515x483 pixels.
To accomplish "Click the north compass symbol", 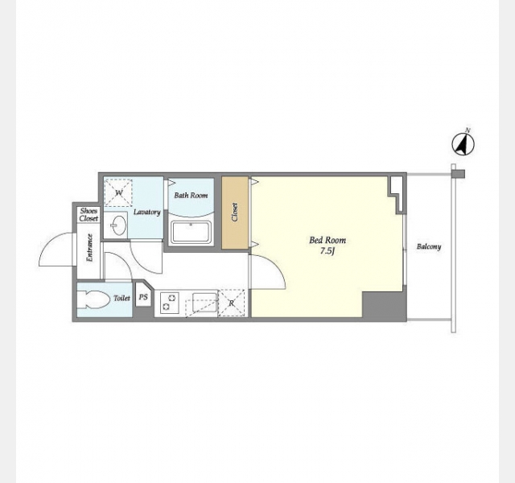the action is click(463, 144).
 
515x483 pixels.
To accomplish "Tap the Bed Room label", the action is click(328, 240).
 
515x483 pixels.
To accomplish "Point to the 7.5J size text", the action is click(328, 251).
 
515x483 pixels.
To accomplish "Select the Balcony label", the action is click(429, 246).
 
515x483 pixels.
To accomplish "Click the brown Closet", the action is click(235, 213).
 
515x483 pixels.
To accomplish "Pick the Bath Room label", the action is click(191, 196).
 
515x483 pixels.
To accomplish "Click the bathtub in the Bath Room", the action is click(191, 233).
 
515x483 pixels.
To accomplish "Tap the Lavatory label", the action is click(146, 212).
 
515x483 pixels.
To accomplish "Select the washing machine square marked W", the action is click(118, 192).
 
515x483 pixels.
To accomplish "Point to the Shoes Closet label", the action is click(89, 215).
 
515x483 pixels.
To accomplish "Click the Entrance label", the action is click(89, 247).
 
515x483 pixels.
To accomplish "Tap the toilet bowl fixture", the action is click(93, 299).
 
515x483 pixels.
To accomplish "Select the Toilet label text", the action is click(122, 298).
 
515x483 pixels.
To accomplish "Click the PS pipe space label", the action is click(143, 297).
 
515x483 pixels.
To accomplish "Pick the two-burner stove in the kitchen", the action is click(170, 303).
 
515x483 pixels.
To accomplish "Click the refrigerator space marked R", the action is click(232, 303).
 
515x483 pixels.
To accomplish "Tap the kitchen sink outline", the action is click(204, 303).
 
